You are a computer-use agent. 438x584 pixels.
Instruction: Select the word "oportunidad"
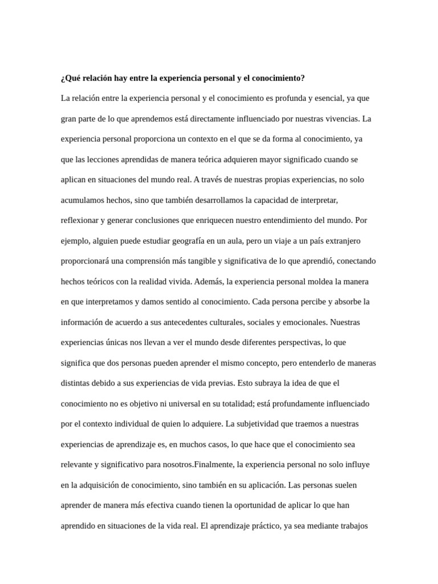click(x=269, y=505)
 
